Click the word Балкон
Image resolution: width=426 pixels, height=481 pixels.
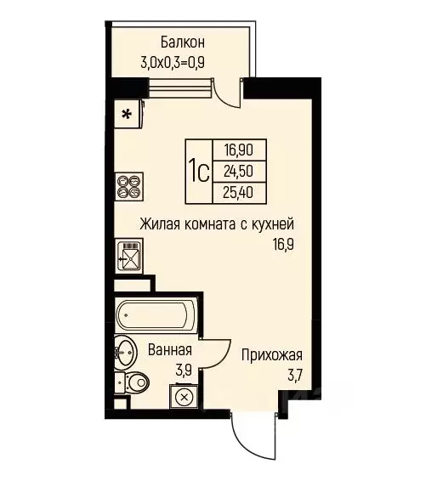[x=183, y=42]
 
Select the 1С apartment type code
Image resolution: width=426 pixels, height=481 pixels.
[x=199, y=173]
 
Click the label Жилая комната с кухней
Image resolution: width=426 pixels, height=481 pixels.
[x=218, y=225]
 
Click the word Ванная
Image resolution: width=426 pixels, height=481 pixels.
[x=170, y=350]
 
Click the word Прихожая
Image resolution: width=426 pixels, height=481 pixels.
[x=271, y=355]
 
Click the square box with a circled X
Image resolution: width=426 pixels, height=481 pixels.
[x=184, y=396]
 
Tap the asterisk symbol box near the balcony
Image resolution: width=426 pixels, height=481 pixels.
[x=127, y=115]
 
